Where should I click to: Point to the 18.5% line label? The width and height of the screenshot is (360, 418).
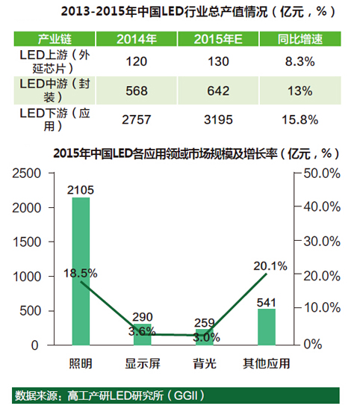(x=81, y=274)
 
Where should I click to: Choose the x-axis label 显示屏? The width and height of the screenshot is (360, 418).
(x=143, y=363)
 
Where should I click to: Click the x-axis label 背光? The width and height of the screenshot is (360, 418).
(x=205, y=363)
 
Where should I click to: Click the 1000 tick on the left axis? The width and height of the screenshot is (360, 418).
(x=31, y=277)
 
